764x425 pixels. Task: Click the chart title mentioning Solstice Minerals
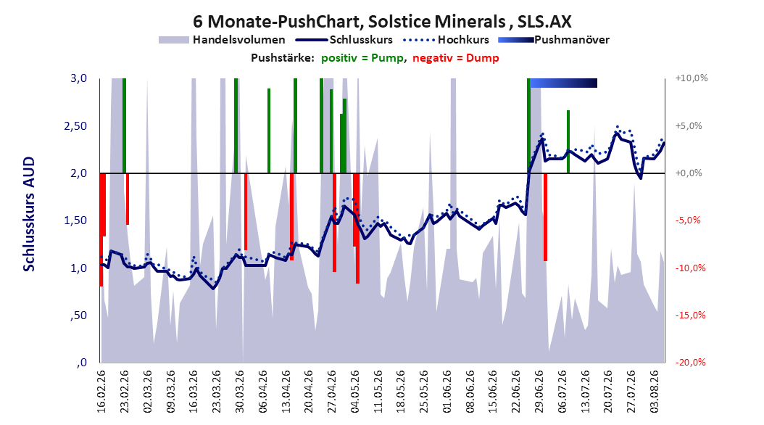(382, 22)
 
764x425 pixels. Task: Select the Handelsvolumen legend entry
(223, 40)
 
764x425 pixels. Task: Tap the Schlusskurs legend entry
(344, 40)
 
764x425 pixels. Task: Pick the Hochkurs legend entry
(447, 40)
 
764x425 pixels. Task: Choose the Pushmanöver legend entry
(554, 40)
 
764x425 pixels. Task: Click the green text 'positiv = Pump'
(362, 58)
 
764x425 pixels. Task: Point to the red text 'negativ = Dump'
(456, 58)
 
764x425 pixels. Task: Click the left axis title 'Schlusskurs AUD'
(29, 214)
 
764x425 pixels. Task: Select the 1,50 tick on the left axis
(75, 220)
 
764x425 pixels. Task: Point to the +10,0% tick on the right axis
(692, 78)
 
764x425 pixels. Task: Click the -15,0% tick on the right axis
(690, 315)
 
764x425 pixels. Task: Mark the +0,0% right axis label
(689, 173)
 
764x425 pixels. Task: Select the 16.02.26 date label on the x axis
(101, 392)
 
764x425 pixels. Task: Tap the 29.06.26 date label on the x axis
(539, 392)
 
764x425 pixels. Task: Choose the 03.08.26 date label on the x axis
(655, 392)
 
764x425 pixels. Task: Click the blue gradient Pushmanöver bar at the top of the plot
(563, 83)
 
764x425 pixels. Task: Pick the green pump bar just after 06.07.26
(568, 142)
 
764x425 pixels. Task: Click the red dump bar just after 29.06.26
(546, 217)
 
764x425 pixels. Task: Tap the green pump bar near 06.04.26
(269, 131)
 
